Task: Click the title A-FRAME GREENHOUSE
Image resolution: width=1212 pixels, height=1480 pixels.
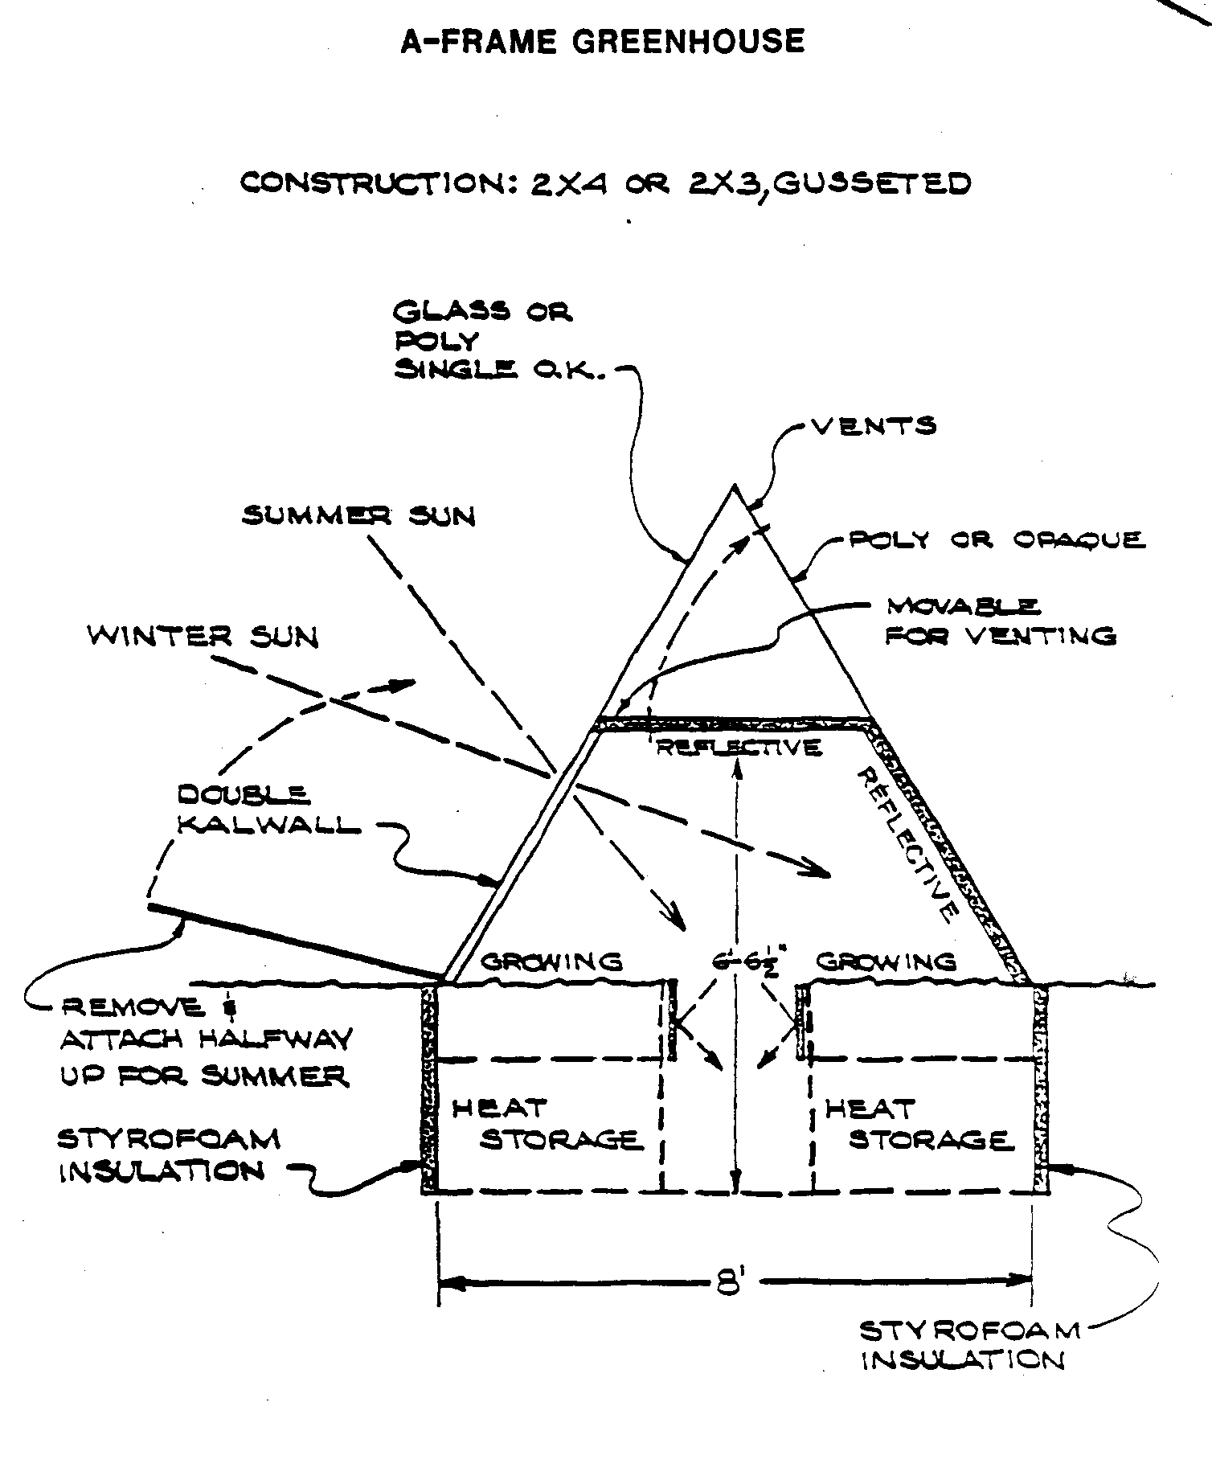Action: coord(602,41)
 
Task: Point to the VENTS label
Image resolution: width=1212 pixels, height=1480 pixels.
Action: coord(874,425)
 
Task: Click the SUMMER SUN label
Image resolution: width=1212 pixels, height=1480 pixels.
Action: coord(358,515)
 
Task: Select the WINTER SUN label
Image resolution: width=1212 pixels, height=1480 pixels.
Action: coord(203,637)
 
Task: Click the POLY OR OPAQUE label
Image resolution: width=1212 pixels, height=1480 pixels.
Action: coord(997,539)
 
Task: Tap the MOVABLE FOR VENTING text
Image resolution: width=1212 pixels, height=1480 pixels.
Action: coord(1000,622)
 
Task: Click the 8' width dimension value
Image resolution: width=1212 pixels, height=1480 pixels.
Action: coord(727,1279)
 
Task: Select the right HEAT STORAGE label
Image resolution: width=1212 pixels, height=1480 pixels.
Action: coord(916,1125)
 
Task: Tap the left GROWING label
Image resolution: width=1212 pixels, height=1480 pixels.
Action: coord(551,961)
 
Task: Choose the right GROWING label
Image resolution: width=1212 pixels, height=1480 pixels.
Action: coord(886,961)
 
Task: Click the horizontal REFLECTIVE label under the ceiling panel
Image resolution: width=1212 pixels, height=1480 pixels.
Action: coord(739,748)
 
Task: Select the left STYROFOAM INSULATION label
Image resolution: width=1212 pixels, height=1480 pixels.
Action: coord(169,1155)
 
